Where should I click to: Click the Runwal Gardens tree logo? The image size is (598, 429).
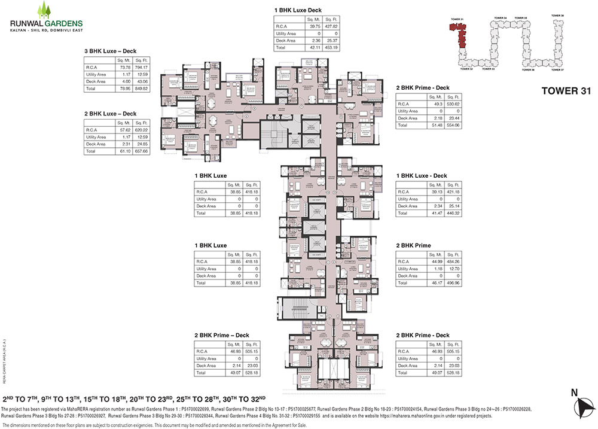[x=43, y=10]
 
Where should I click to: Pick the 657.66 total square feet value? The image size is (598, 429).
[x=141, y=151]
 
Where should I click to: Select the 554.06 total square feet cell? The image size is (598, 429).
[x=452, y=126]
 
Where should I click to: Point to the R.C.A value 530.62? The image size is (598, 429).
[x=452, y=104]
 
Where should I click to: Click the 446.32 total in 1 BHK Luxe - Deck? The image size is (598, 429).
[x=452, y=213]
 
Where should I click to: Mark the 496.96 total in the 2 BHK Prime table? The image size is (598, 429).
[x=452, y=283]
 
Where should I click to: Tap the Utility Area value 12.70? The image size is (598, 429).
[x=452, y=269]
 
